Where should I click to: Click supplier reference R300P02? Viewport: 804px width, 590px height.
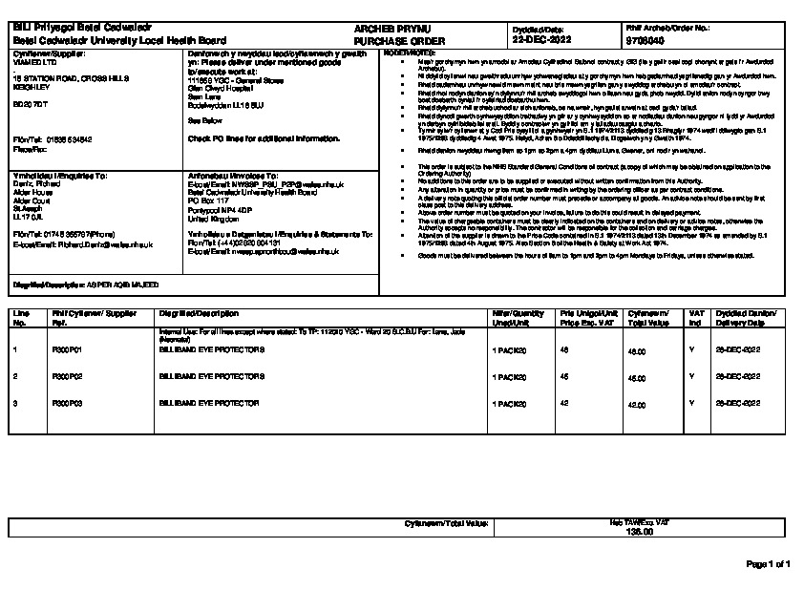[67, 377]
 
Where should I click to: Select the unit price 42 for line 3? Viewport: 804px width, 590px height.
[564, 404]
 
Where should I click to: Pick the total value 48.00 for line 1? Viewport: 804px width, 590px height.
[636, 350]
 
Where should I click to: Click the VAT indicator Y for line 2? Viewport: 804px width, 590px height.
[691, 377]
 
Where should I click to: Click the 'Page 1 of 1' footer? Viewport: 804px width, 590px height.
[768, 565]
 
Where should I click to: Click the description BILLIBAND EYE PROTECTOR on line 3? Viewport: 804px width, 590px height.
[208, 404]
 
